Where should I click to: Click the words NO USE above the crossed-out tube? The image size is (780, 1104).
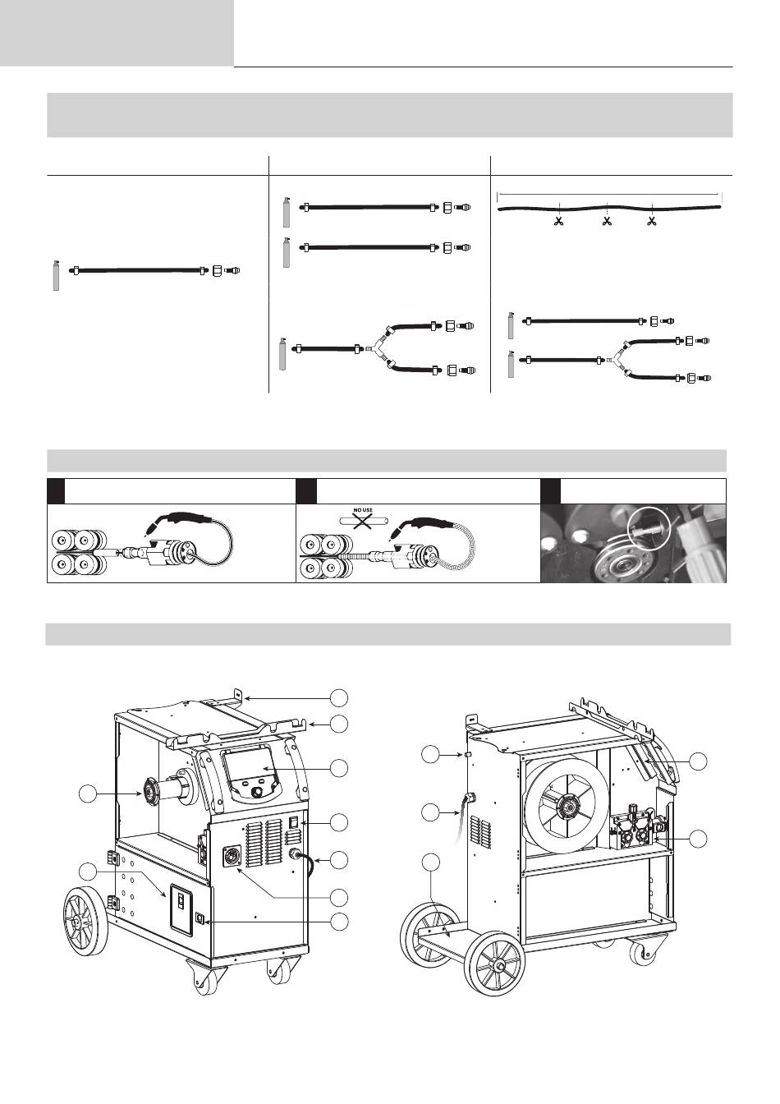coord(362,510)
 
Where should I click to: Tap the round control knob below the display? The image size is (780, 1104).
coord(258,793)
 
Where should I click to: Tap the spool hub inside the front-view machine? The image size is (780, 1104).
coord(152,793)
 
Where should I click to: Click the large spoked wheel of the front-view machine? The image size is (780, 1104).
coord(85,923)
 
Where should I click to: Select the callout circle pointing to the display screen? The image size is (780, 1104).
coord(339,768)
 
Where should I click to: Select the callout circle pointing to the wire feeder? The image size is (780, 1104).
coord(698,839)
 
